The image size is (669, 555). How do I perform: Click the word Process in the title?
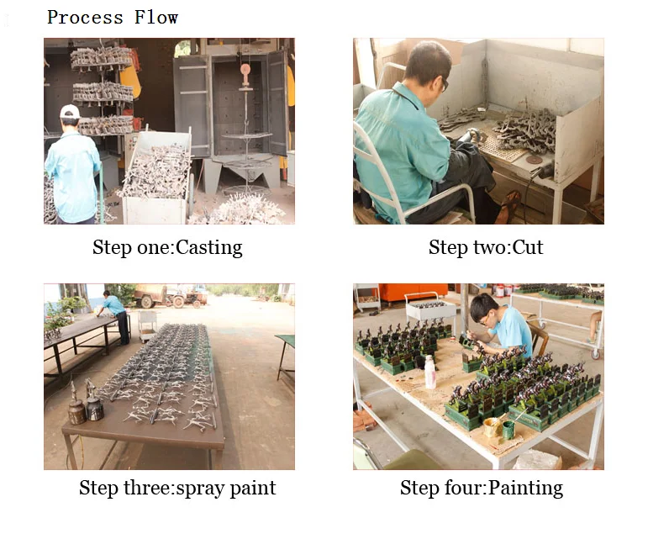pos(85,18)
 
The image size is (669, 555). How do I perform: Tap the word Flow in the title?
pos(156,18)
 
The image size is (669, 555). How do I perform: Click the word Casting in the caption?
pos(209,247)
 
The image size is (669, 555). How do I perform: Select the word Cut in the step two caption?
pos(528,247)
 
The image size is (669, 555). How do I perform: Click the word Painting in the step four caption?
pos(525,489)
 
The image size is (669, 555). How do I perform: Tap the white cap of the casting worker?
pos(70,112)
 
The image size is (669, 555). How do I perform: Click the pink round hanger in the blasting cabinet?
pos(245,70)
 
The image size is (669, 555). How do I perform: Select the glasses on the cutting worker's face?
pos(444,84)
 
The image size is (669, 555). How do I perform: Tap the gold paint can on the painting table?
pos(492,427)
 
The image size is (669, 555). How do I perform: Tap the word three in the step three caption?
pos(147,488)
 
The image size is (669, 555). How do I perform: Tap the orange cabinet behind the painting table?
pos(413,293)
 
